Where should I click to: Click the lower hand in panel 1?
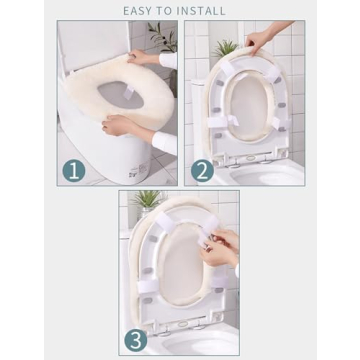coord(115,124)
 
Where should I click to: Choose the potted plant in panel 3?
coord(148,200)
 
